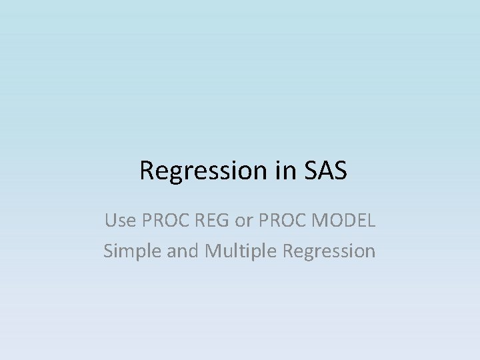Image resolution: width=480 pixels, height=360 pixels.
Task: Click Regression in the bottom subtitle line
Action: point(329,251)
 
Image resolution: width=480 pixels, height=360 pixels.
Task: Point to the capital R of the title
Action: point(147,171)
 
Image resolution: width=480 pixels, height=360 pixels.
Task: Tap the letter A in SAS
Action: point(326,171)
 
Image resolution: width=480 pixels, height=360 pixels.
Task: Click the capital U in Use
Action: point(110,219)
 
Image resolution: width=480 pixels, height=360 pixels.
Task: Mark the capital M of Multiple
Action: point(213,251)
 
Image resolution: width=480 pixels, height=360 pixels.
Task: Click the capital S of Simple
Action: point(107,251)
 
